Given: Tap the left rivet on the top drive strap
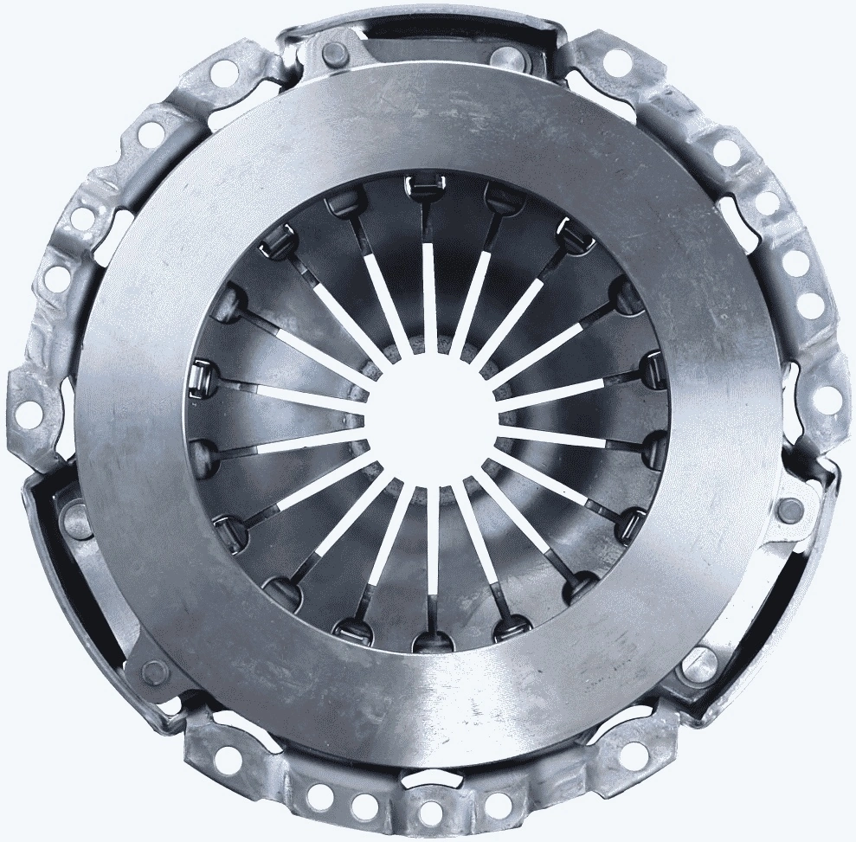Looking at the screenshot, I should point(332,53).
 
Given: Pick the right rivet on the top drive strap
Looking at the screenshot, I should point(505,57).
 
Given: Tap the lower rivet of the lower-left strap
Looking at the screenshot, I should point(152,671).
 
